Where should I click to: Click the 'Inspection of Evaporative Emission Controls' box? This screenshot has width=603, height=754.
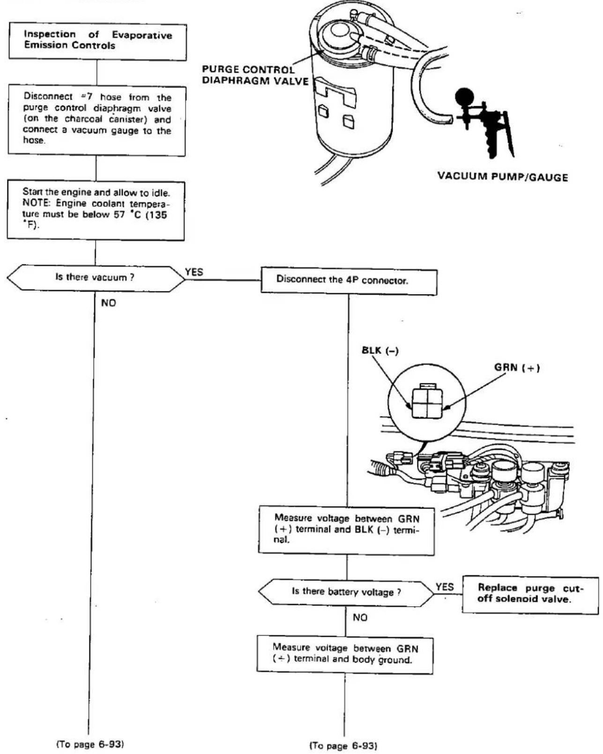(x=98, y=41)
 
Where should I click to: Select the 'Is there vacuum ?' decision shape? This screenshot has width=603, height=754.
(x=96, y=278)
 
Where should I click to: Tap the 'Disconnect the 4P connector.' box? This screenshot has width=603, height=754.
(x=349, y=281)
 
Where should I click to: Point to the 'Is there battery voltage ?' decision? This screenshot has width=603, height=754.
(x=346, y=592)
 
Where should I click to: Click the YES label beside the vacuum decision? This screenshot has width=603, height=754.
(x=194, y=272)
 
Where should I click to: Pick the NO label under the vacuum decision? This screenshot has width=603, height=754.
(x=108, y=303)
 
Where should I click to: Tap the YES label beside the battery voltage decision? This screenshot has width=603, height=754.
(x=445, y=587)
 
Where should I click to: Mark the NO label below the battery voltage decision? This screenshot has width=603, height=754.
(x=360, y=618)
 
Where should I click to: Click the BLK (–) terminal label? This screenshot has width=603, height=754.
(x=380, y=351)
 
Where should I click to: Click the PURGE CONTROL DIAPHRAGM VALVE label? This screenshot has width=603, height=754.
(x=255, y=75)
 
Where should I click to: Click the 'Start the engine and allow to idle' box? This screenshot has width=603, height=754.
(x=96, y=210)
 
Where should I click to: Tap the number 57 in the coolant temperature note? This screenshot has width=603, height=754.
(x=119, y=215)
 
